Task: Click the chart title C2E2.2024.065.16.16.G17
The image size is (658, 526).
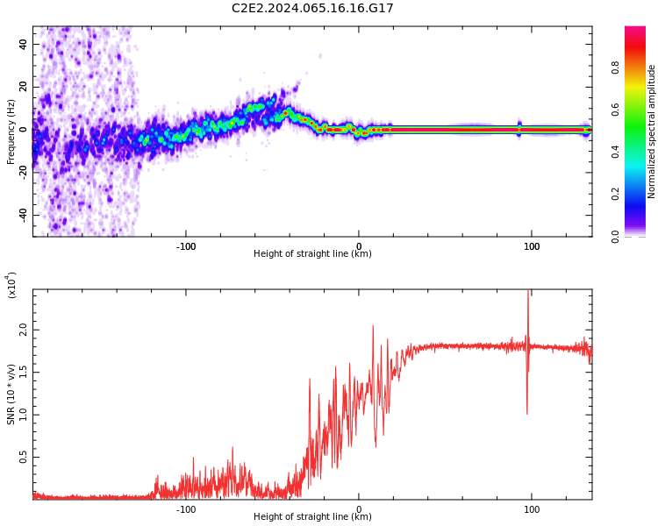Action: (x=312, y=8)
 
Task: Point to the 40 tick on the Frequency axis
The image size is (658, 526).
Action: (x=23, y=45)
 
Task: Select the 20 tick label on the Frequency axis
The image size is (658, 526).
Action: (x=23, y=87)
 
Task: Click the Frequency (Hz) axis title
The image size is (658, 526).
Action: (x=11, y=131)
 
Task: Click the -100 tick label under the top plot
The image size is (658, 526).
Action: (x=186, y=246)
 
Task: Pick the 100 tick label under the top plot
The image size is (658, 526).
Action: (x=532, y=246)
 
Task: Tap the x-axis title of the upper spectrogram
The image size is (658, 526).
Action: (x=312, y=254)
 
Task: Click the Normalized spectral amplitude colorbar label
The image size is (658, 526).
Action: (x=652, y=131)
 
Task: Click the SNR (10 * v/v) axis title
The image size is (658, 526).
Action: (x=11, y=394)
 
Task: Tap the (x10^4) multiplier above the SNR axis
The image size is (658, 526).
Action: (x=11, y=285)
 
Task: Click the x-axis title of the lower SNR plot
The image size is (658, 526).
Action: (x=312, y=517)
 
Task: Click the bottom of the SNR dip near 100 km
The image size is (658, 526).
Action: (x=526, y=413)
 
